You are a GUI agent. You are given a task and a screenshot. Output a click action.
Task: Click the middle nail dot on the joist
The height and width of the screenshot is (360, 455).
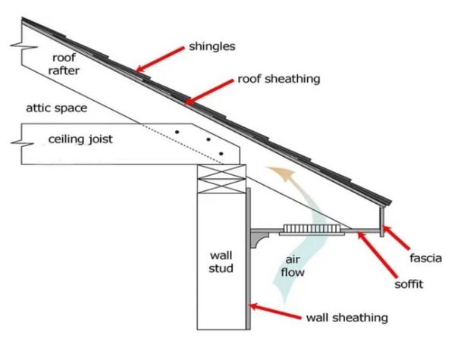pyautogui.click(x=208, y=140)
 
